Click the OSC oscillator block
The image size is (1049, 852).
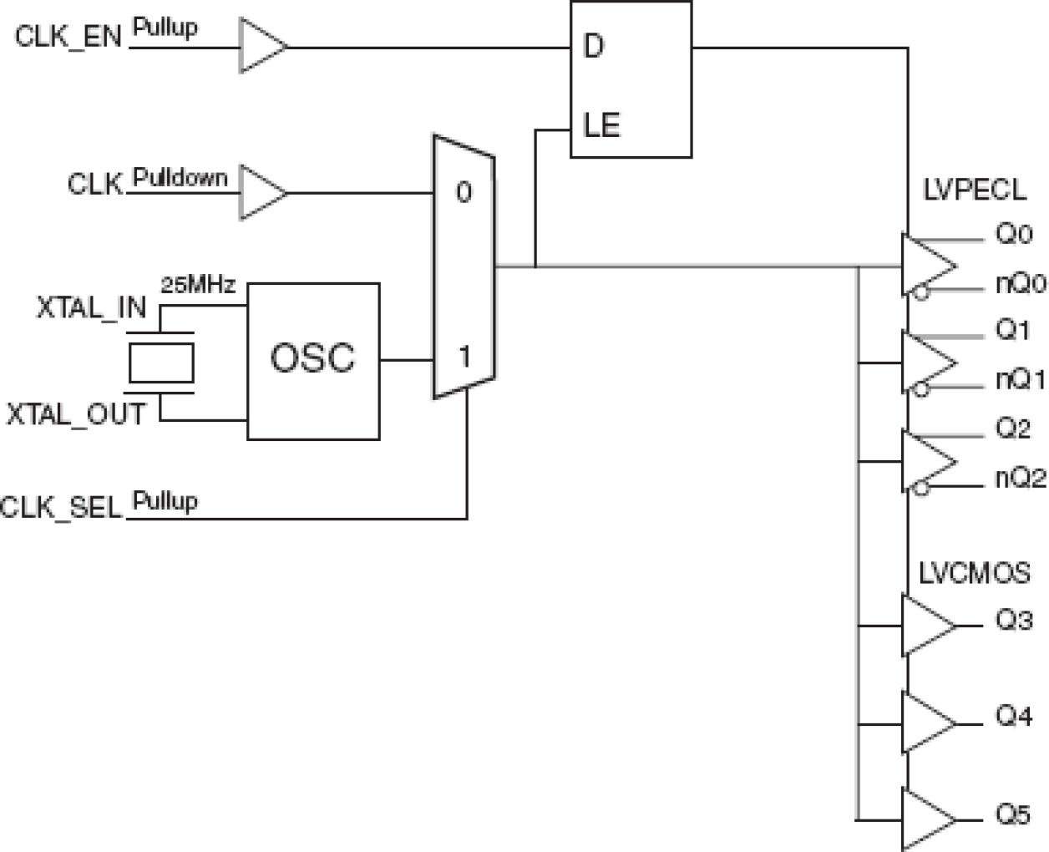pos(313,360)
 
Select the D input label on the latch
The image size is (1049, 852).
pos(593,47)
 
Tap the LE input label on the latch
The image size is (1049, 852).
pos(601,126)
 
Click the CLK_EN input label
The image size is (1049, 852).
pos(68,37)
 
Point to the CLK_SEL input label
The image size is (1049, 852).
pos(62,508)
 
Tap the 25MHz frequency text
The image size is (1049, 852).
pos(198,285)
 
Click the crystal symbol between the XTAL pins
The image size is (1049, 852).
pos(161,362)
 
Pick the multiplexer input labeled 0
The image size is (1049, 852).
pos(464,192)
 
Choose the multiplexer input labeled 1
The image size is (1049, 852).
pos(464,358)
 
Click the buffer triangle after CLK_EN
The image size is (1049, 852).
pos(262,46)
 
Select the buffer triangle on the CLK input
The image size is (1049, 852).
pos(262,193)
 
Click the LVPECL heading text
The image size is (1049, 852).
pos(975,190)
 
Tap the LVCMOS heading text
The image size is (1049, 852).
pos(974,573)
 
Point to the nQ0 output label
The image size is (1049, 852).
pos(1020,284)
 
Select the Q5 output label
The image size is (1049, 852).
pos(1013,814)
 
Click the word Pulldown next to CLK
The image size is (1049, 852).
pos(180,178)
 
